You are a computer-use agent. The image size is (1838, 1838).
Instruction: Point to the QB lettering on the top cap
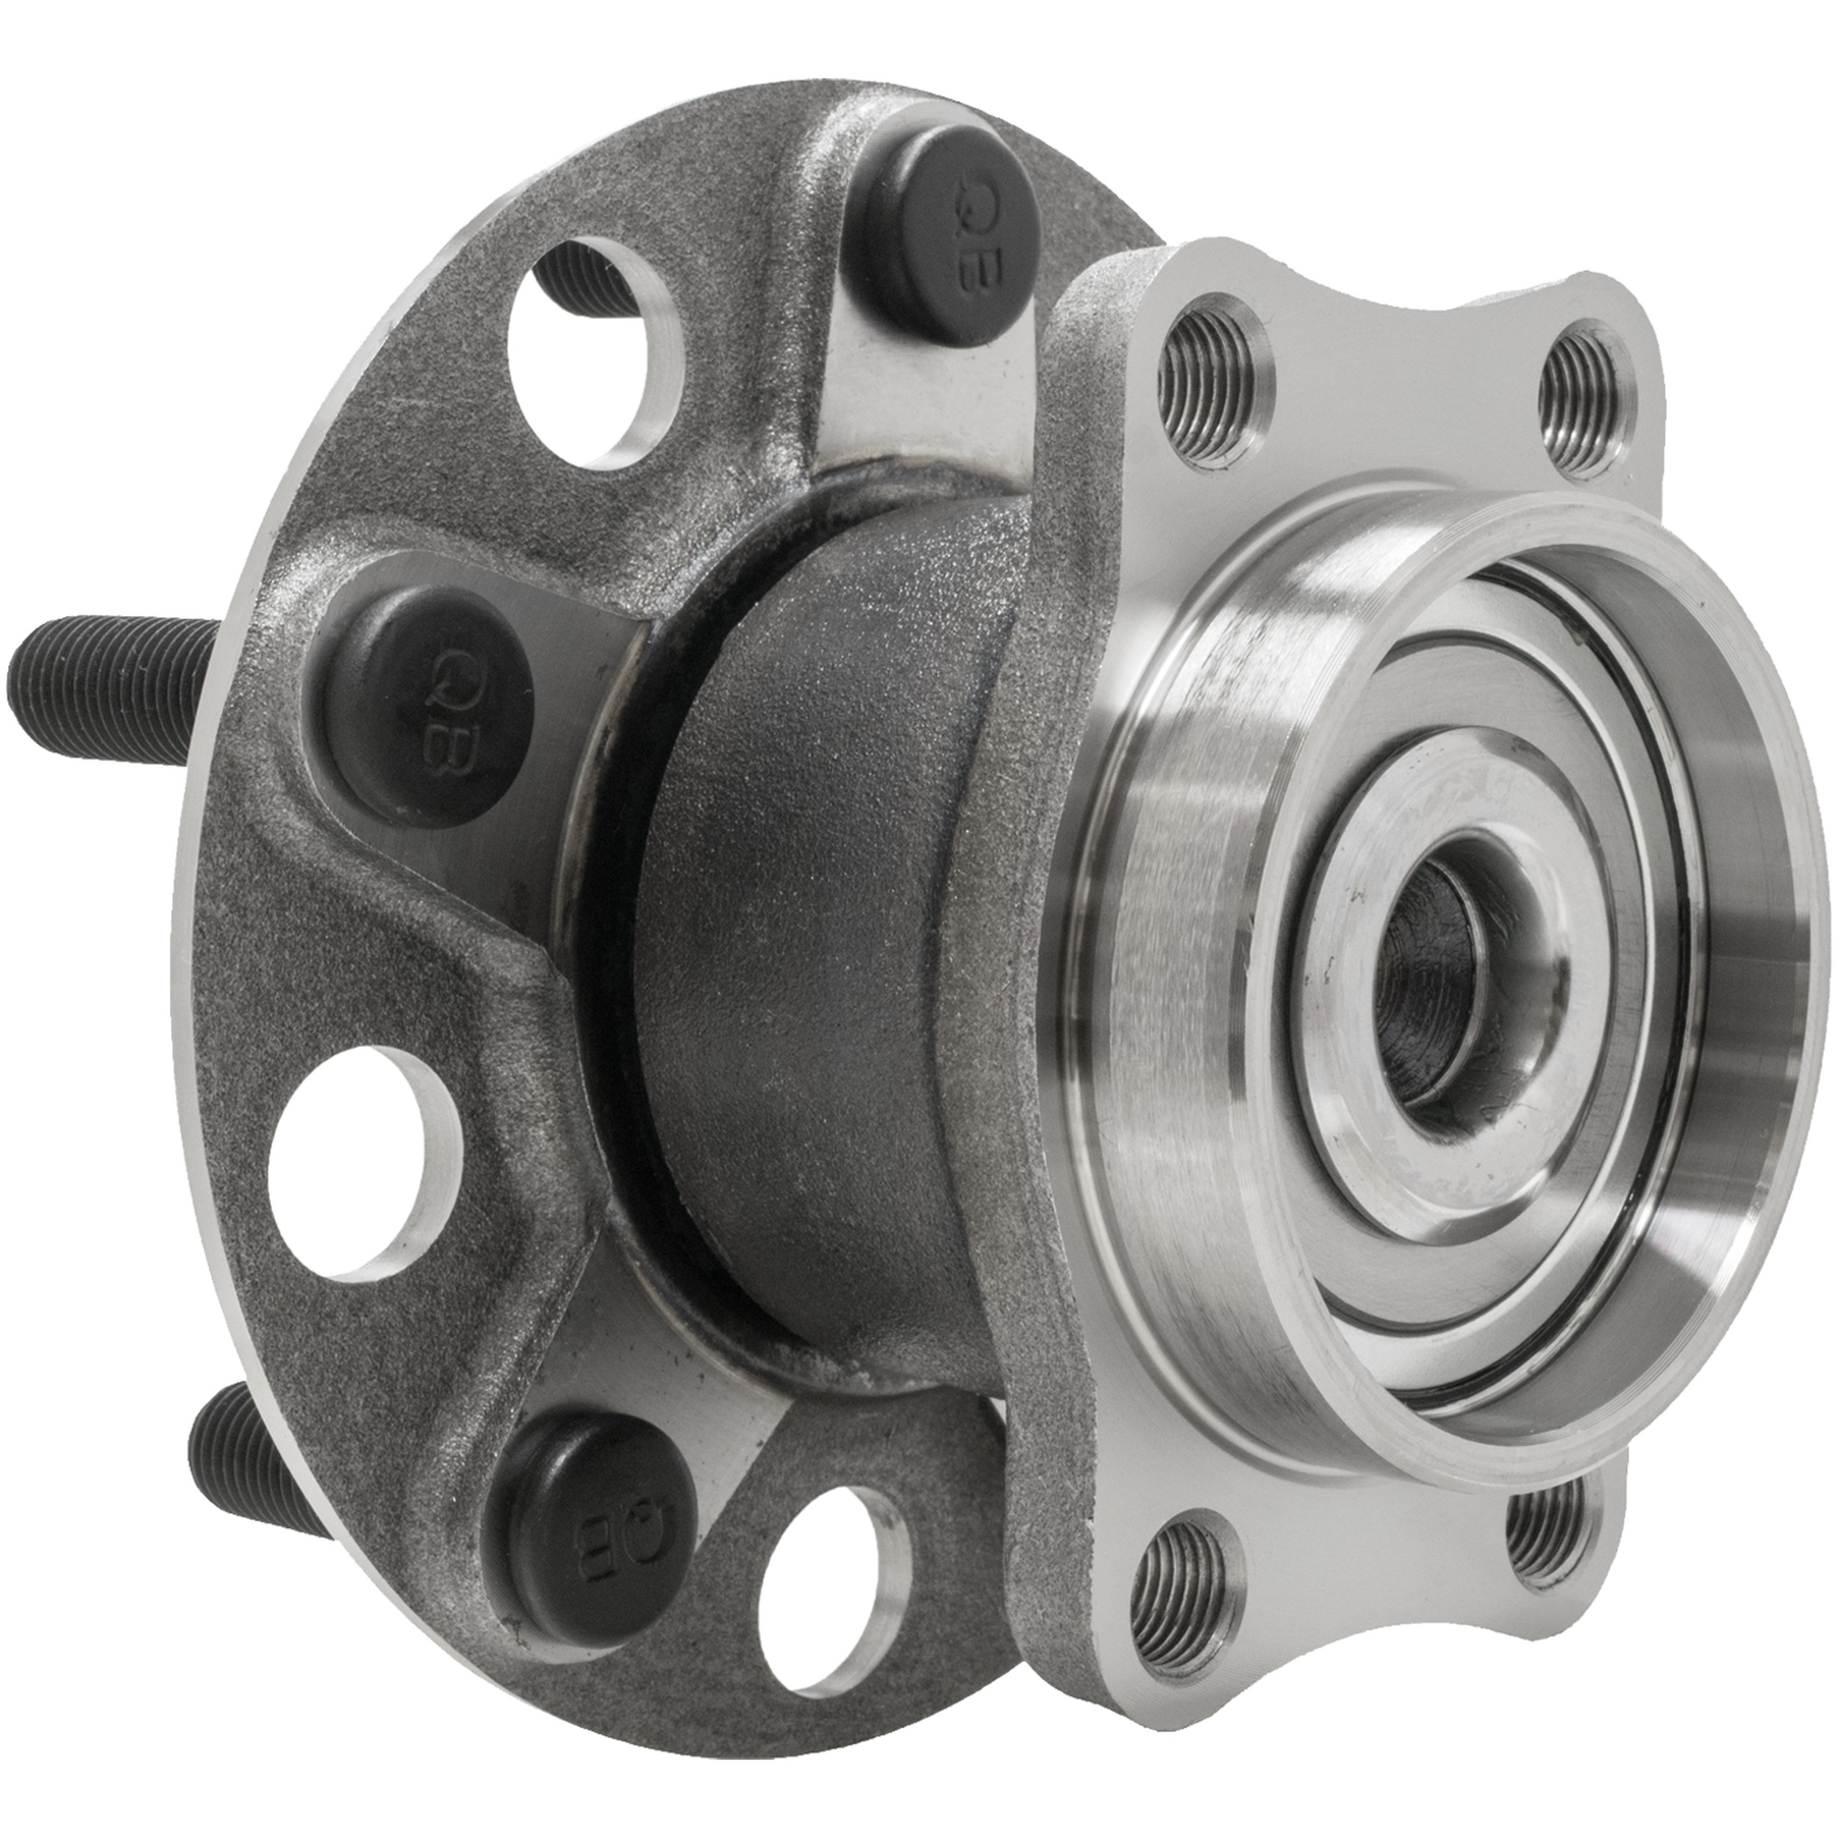[971, 230]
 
